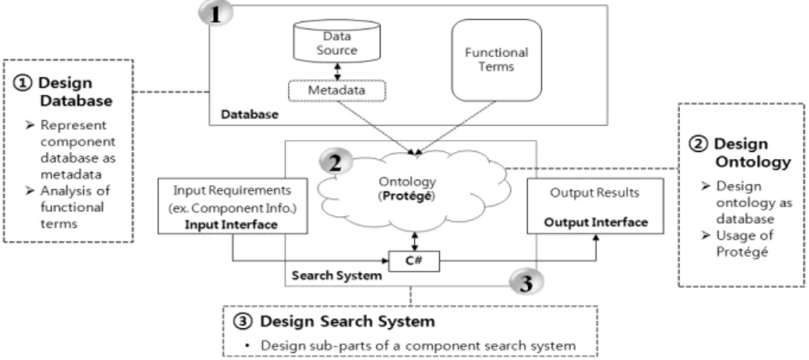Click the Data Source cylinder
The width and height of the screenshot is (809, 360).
[x=336, y=42]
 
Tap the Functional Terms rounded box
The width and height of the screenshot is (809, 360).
[x=496, y=60]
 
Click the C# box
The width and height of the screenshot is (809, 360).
[x=414, y=261]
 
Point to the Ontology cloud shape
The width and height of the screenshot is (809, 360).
[x=412, y=191]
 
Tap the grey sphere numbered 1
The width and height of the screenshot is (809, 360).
[x=215, y=14]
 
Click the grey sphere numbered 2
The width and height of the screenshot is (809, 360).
[x=336, y=162]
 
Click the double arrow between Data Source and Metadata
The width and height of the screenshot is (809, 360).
[x=338, y=72]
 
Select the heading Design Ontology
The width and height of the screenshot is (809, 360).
[x=741, y=153]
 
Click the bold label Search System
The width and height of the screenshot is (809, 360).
[x=336, y=275]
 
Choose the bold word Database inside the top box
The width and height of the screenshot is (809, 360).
[x=249, y=114]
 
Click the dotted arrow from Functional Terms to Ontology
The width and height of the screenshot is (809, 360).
[x=456, y=127]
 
